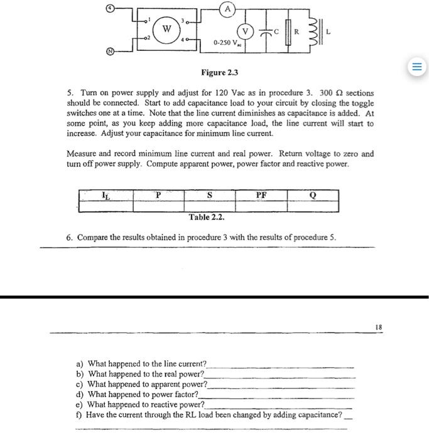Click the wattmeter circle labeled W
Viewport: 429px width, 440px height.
pos(166,29)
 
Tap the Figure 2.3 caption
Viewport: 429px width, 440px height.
pos(219,74)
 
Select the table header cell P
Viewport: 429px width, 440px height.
pos(158,195)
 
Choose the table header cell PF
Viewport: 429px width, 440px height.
pos(261,195)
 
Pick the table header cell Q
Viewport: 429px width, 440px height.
pos(312,195)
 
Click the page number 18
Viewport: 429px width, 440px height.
pos(377,327)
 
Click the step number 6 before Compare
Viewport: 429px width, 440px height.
pos(69,238)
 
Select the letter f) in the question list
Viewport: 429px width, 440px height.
pos(79,415)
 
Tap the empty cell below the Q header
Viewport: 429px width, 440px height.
pos(312,206)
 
